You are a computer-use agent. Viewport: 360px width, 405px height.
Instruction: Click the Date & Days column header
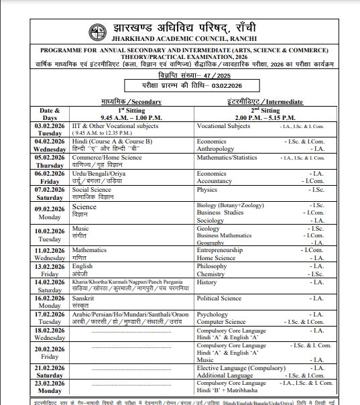tap(50, 113)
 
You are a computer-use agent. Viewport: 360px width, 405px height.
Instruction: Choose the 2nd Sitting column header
tap(264, 113)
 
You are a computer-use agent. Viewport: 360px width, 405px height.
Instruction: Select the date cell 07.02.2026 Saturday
tap(50, 193)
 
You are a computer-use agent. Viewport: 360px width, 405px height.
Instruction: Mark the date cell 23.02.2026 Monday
tap(50, 386)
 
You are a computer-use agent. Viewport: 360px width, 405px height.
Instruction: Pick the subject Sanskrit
tap(83, 298)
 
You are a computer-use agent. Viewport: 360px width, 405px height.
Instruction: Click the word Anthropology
tap(217, 149)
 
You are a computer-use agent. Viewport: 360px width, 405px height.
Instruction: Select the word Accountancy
tap(215, 181)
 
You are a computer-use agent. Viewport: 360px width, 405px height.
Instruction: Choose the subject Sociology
tap(211, 221)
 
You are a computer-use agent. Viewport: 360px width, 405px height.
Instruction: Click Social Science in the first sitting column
tap(92, 190)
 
